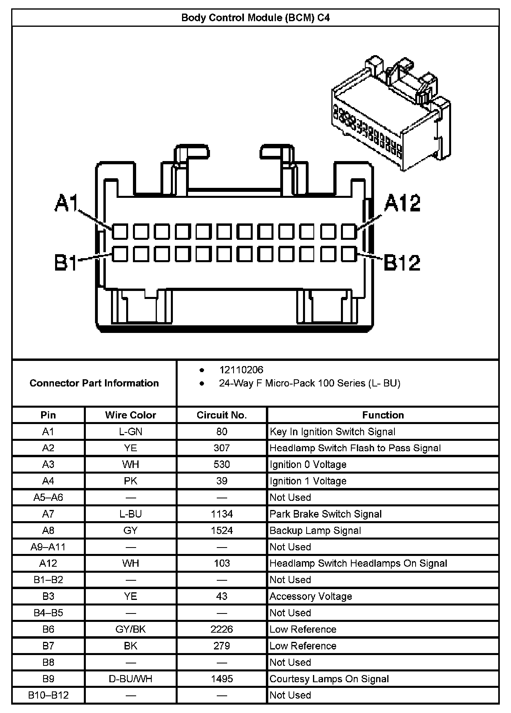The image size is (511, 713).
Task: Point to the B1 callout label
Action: point(66,263)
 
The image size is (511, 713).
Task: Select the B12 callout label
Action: point(402,263)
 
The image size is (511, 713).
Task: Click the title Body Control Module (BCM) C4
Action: point(255,18)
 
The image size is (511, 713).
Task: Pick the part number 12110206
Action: point(241,370)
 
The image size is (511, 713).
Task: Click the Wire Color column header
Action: point(131,415)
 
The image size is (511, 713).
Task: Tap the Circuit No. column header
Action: point(222,415)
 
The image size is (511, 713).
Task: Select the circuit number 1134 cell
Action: point(222,514)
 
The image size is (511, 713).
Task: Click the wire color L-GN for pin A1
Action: point(131,432)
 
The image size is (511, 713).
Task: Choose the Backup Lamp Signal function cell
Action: point(315,530)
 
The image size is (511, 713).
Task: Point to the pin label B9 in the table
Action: point(48,679)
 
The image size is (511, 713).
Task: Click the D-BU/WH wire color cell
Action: point(131,679)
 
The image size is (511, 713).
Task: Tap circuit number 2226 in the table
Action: point(222,629)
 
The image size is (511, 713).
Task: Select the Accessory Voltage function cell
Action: point(311,596)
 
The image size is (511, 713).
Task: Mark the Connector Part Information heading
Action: point(94,383)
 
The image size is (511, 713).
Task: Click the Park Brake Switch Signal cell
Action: point(326,514)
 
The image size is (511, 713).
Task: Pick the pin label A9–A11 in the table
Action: point(48,547)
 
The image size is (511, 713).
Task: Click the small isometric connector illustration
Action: point(391,116)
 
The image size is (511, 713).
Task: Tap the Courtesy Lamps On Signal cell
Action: point(329,679)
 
